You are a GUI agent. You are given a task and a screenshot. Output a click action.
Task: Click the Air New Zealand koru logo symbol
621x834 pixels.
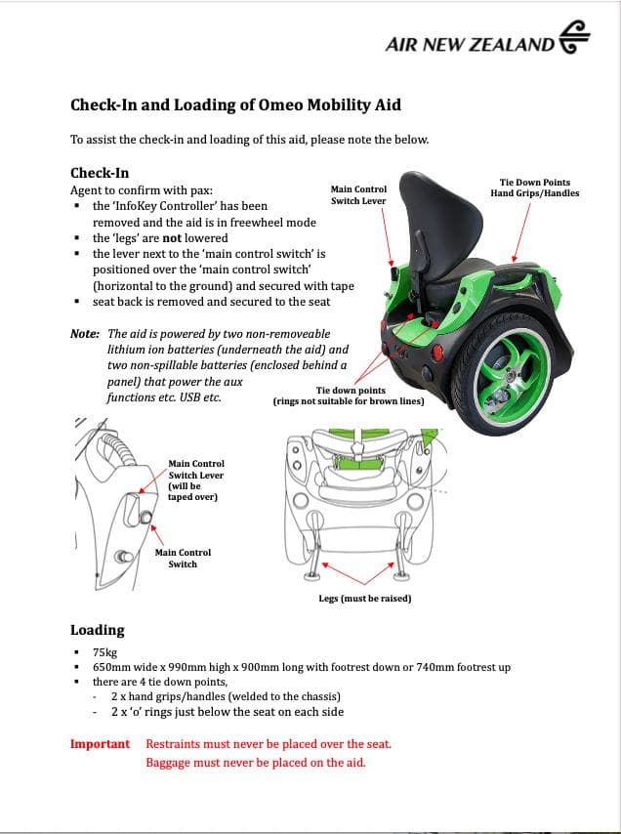(574, 37)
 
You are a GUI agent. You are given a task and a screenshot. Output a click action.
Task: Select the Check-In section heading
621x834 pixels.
(100, 173)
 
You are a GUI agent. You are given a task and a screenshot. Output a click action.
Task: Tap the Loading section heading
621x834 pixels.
(98, 630)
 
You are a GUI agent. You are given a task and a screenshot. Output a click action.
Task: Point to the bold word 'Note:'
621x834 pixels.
(85, 334)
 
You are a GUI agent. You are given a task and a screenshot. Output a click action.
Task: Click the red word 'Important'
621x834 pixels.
(100, 744)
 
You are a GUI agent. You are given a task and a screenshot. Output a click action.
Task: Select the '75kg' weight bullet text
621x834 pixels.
(104, 652)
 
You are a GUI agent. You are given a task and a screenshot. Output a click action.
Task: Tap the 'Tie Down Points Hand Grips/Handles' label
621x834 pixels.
(535, 188)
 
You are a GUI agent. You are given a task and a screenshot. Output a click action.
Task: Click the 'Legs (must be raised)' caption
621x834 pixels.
(365, 599)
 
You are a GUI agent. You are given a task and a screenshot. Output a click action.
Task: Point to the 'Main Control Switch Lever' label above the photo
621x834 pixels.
(358, 194)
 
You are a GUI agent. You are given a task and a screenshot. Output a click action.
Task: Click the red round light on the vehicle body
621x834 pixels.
(438, 353)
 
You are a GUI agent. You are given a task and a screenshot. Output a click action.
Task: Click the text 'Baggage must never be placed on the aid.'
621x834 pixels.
(256, 763)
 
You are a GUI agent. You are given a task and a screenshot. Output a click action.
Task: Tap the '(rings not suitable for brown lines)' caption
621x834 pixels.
(349, 401)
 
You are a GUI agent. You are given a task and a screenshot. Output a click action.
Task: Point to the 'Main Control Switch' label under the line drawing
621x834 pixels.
(183, 559)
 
